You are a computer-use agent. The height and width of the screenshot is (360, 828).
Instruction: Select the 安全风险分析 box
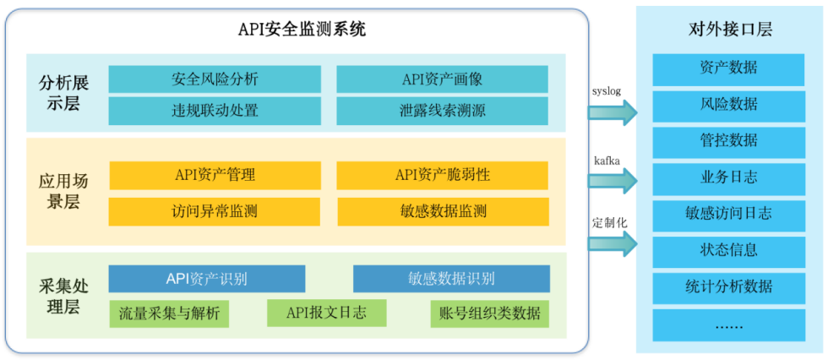tap(215, 79)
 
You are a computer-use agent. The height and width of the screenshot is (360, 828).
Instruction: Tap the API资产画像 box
tap(442, 79)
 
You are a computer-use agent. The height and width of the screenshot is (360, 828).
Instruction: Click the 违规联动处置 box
tap(215, 111)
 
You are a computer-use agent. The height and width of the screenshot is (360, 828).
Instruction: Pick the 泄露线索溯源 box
tap(442, 111)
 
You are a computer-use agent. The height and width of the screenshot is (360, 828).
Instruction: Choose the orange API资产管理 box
tap(215, 176)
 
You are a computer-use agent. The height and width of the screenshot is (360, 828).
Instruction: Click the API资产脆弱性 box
tap(443, 176)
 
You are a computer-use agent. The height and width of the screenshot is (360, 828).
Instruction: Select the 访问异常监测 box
tap(215, 211)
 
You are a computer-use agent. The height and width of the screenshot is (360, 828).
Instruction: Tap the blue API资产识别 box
tap(207, 279)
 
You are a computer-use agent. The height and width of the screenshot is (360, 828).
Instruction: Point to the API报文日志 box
tap(326, 313)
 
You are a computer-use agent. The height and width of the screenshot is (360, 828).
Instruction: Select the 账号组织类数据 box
tap(489, 314)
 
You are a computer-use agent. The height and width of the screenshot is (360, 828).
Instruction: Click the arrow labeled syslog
tap(613, 112)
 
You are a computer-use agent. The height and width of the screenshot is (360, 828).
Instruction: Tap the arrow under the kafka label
tap(613, 181)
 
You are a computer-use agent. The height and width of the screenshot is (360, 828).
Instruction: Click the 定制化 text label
tap(609, 222)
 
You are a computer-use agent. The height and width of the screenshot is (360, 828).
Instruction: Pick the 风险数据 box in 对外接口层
tap(728, 105)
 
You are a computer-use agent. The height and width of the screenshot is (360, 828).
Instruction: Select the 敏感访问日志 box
tap(728, 214)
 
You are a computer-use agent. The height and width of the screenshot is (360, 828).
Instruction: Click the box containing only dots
tap(728, 325)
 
